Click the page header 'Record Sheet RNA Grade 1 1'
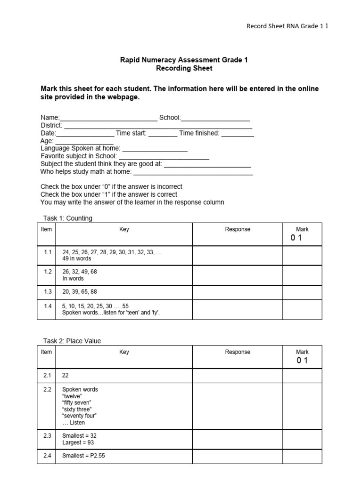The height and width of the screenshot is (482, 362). pos(288,26)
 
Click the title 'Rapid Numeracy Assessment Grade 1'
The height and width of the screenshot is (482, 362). pos(184,60)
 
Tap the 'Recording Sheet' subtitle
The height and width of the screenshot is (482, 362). pos(184,68)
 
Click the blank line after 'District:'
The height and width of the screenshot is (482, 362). pos(158,126)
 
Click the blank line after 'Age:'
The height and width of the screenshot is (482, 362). pos(84,142)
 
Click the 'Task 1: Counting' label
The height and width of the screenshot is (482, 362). pos(66,218)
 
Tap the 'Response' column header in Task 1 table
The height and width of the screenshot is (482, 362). pos(238,229)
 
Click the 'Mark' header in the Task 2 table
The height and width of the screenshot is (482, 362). pos(302,352)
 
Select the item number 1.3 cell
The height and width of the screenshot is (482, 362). pos(47,292)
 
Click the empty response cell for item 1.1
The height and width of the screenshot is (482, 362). pos(238,255)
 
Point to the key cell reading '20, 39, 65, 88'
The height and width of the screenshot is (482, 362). pos(80,292)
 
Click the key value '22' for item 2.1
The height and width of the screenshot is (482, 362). pos(66,375)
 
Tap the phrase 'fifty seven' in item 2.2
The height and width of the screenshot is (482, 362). pos(77,403)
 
